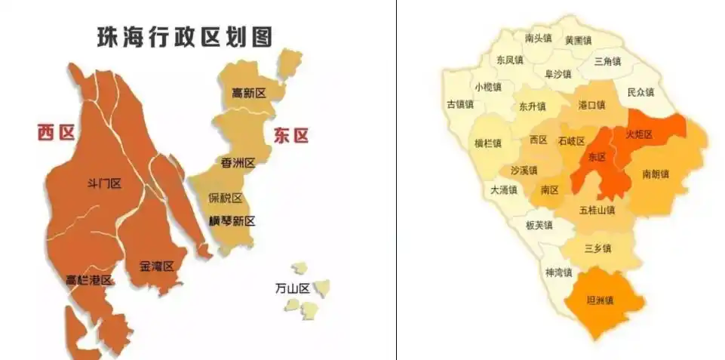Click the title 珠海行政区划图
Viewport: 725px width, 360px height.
(184, 38)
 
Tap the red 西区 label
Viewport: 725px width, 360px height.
(57, 134)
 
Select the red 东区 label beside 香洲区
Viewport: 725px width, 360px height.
(290, 136)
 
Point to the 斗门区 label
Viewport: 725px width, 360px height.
(105, 183)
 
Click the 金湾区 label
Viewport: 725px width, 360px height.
(157, 266)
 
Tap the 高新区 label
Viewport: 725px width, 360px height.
(249, 93)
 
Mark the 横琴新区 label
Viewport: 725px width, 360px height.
(232, 221)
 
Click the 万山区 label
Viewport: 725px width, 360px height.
(293, 288)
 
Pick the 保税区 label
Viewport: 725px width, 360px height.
(225, 198)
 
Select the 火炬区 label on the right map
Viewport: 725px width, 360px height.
(638, 134)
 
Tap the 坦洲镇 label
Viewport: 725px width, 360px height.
(600, 300)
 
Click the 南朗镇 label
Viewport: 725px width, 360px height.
(656, 174)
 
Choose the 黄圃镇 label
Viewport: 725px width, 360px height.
(579, 41)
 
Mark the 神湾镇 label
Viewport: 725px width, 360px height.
(558, 272)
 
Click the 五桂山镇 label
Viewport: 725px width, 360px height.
(597, 210)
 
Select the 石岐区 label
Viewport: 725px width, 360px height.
(571, 141)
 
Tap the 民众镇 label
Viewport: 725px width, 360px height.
(641, 92)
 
